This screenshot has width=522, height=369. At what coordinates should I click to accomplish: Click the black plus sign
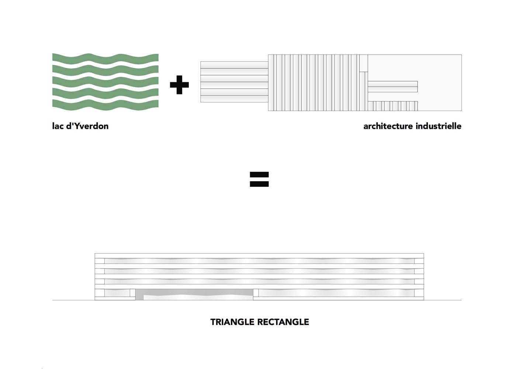(179, 85)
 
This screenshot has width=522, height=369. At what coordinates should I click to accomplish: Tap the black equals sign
(259, 179)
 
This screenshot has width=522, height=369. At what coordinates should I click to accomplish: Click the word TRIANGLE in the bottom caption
(232, 322)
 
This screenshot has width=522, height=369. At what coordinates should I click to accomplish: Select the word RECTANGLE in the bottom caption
(283, 322)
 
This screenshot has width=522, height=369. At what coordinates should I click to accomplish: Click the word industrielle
(438, 126)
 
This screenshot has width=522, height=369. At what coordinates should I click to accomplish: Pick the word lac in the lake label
(58, 126)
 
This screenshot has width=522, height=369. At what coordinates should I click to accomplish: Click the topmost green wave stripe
(106, 59)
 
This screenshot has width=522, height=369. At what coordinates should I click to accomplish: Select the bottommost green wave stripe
(106, 105)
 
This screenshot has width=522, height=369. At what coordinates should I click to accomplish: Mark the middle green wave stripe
(106, 82)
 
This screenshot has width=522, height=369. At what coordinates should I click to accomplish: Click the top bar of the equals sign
(259, 175)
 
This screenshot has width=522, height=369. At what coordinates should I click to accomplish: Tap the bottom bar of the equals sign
(259, 184)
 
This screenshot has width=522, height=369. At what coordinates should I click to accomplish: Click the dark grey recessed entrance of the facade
(194, 294)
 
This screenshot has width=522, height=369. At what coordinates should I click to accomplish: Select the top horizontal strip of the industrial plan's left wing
(234, 65)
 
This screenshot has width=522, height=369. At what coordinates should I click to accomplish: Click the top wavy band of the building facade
(259, 261)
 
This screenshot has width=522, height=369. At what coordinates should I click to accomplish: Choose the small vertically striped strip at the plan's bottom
(393, 106)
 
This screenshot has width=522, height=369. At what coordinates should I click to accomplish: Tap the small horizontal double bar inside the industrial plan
(393, 86)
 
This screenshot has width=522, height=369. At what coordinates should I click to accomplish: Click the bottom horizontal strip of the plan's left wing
(234, 99)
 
